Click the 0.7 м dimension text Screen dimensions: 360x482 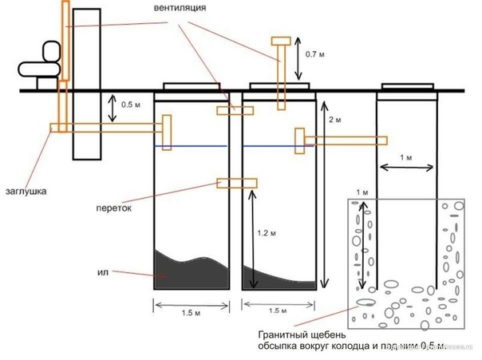pyautogui.click(x=316, y=55)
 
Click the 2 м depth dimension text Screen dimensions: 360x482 pyautogui.click(x=335, y=120)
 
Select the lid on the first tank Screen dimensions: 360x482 pyautogui.click(x=192, y=85)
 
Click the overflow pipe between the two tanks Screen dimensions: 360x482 pyautogui.click(x=237, y=184)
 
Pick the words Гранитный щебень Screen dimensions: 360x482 pyautogui.click(x=290, y=335)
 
